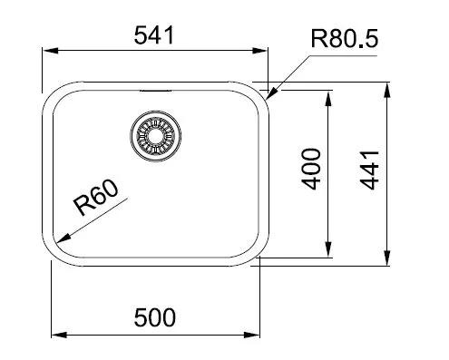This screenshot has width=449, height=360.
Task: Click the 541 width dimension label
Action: pos(154,35)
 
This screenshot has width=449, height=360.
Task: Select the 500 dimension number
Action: pos(154,317)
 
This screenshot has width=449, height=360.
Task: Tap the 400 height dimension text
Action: pos(311,169)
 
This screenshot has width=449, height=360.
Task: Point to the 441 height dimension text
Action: pos(369,170)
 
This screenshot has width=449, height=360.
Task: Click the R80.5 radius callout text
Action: pos(345,39)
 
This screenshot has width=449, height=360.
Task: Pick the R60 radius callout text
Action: pos(96,198)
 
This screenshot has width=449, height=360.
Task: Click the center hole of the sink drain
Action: pos(155,135)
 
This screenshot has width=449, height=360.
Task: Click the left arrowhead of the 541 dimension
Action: pos(50,51)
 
